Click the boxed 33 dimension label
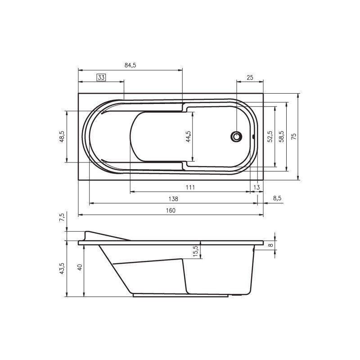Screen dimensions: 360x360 coord(101,77)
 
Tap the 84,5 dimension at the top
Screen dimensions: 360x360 coord(130,65)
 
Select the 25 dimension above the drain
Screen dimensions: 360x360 coord(250,77)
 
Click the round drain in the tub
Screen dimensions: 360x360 coord(236,137)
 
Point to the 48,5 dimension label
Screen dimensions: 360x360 coord(62,137)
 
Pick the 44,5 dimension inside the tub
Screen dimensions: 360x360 coord(188,137)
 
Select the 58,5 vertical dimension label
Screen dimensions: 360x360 coord(281,137)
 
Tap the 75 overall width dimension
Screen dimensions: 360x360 coord(293,137)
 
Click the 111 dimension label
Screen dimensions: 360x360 coord(190,187)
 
